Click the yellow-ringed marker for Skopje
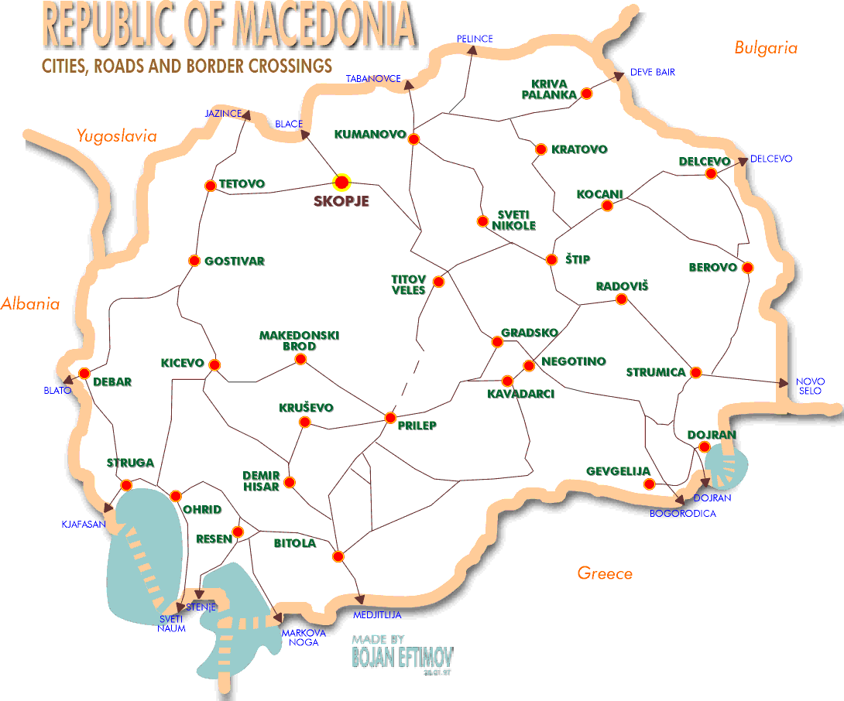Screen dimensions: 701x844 pos(341,183)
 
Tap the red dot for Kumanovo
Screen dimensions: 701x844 pos(413,139)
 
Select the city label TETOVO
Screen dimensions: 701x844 pos(242,184)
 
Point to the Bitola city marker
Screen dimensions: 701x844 pos(338,556)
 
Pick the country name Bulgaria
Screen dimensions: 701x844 pos(765,48)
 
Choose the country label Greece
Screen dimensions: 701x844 pos(605,573)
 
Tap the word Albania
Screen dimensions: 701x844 pos(30,304)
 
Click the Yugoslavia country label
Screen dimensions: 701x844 pos(116,137)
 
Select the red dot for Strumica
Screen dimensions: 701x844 pos(695,373)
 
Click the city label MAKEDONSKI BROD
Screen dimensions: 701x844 pos(299,341)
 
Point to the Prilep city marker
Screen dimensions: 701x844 pos(391,418)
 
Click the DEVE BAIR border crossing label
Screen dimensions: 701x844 pos(652,72)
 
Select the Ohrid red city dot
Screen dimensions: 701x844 pos(176,495)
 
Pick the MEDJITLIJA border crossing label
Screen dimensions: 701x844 pos(377,616)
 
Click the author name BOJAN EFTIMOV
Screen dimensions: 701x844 pos(402,658)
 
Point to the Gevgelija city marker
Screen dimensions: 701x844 pos(650,484)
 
